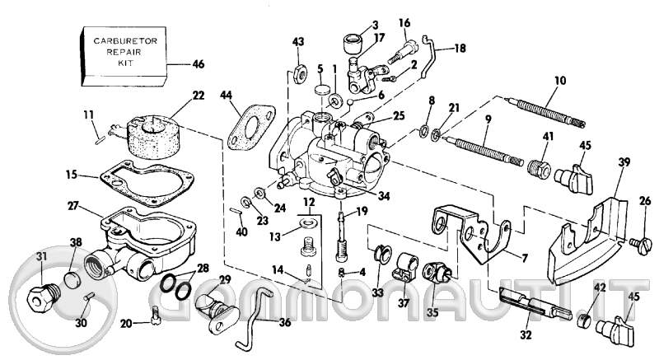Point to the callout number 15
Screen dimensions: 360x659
point(72,175)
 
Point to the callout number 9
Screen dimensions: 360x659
point(488,119)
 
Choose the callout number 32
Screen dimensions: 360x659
point(525,334)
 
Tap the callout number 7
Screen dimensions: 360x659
point(524,257)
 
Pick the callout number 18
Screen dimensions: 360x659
point(460,49)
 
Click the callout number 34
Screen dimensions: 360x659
point(384,196)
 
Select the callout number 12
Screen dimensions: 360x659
point(307,202)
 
